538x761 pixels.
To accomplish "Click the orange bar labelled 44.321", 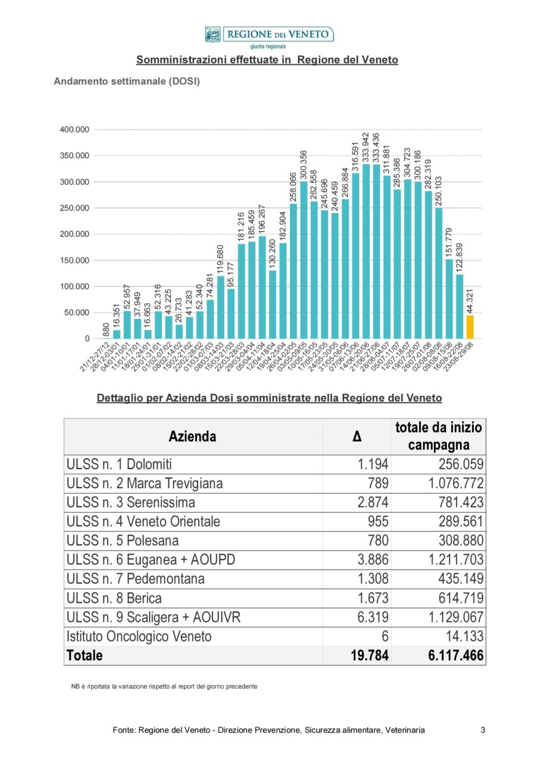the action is [470, 327].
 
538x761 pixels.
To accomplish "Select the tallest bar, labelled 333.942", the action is [366, 251].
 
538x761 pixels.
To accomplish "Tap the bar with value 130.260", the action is [273, 304].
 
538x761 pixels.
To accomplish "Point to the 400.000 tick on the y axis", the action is [74, 130].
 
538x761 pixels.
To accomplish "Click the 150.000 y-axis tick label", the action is [74, 260].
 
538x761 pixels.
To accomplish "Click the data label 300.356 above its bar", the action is [304, 165].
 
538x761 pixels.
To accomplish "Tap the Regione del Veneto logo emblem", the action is [212, 34].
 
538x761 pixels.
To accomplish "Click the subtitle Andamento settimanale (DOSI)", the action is [127, 81].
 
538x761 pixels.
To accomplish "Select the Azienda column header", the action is [192, 436].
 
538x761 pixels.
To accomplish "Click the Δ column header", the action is [356, 436].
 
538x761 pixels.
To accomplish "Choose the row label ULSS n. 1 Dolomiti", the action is [119, 464].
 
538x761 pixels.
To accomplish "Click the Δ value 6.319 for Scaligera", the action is [373, 617].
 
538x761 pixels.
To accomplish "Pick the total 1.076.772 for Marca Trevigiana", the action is [456, 483].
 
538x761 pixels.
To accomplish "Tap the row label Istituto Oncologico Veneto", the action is [139, 636].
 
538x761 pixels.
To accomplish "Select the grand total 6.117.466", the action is [456, 655].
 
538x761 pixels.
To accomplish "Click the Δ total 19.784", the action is [370, 655].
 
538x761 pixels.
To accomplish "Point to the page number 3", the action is [483, 729].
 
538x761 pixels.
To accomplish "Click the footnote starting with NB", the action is [164, 686].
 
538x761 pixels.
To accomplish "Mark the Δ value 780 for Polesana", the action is [378, 540].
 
